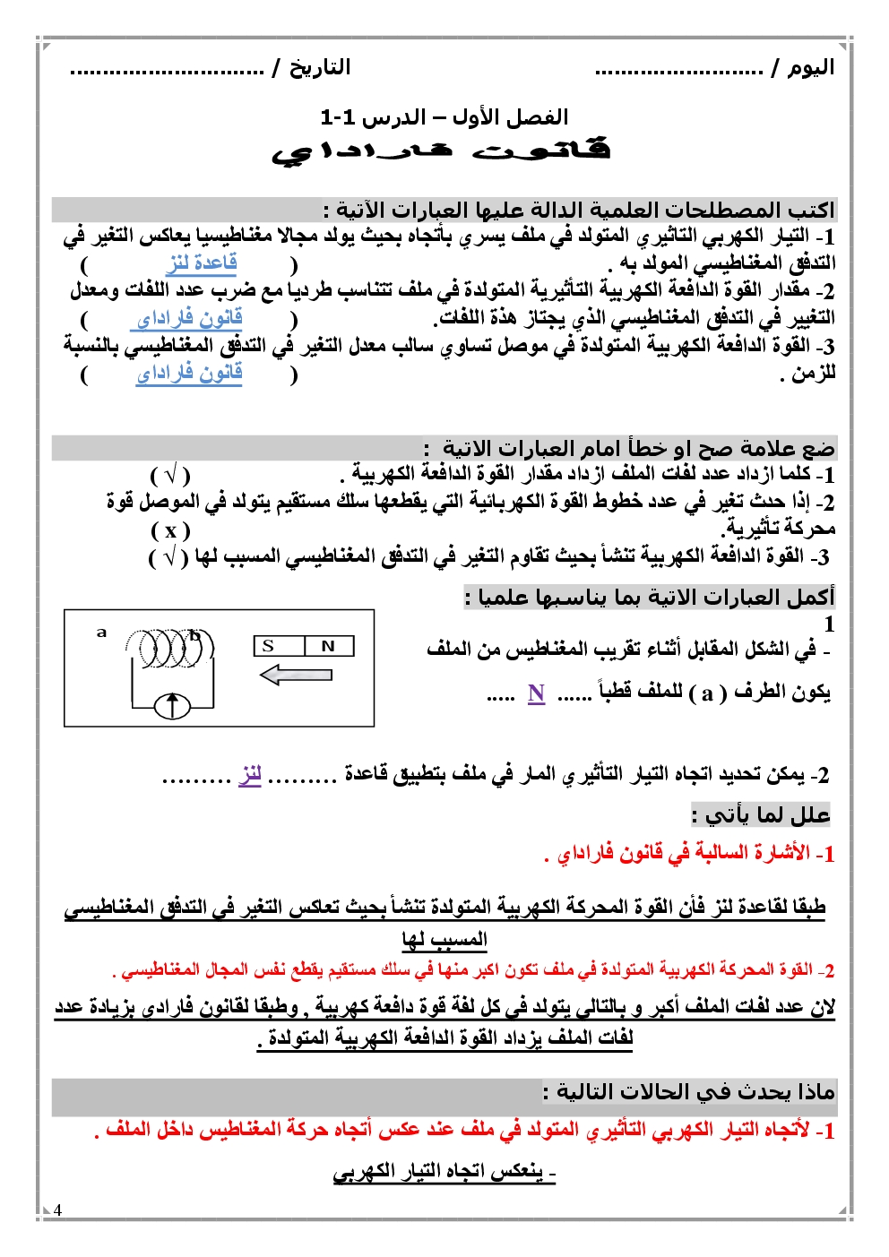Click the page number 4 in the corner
58,1210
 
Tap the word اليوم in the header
811,68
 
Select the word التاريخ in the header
319,68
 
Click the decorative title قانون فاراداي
441,151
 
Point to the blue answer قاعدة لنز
202,263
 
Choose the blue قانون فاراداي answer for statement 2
189,318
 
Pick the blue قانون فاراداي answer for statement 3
189,373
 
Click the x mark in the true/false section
170,530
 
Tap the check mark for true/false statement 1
170,475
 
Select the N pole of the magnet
329,646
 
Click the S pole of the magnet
268,646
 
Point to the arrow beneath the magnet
296,675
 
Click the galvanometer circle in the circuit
173,706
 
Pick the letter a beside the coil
101,633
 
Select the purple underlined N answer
536,693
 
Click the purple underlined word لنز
250,775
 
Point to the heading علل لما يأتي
762,814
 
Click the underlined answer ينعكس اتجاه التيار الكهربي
444,1172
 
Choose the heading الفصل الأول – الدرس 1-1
444,117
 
